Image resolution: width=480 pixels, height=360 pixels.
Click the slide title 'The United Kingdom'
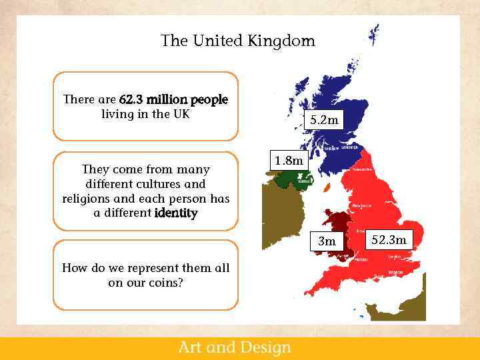pyautogui.click(x=237, y=41)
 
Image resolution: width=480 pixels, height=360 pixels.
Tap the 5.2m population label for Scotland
pyautogui.click(x=324, y=121)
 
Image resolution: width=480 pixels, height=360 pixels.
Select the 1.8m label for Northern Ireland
pyautogui.click(x=289, y=161)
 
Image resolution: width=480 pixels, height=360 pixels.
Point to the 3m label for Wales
pyautogui.click(x=327, y=241)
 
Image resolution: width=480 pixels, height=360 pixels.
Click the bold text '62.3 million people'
pyautogui.click(x=173, y=99)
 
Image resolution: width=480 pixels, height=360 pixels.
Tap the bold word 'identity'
pyautogui.click(x=175, y=213)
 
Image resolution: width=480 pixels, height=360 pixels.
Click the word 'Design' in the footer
pyautogui.click(x=263, y=347)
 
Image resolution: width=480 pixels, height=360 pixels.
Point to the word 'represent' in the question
pyautogui.click(x=155, y=268)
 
